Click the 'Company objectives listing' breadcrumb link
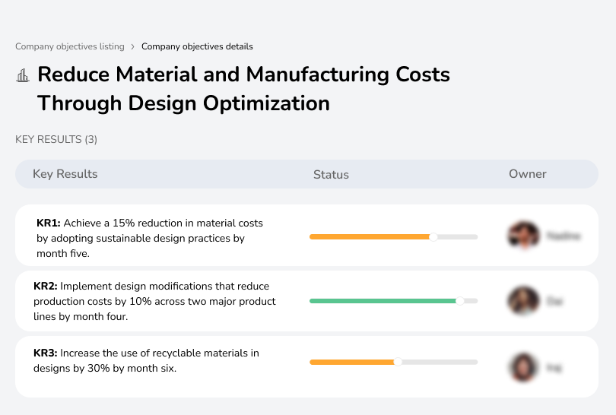pos(69,46)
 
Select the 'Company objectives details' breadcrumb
pos(197,46)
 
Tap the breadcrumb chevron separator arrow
pos(132,46)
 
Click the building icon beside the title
pos(23,75)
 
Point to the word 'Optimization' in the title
pos(263,103)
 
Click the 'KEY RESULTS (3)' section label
pos(56,139)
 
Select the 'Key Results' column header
pos(65,174)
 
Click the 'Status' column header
pos(331,174)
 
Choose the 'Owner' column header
pos(528,174)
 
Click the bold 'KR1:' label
pos(49,223)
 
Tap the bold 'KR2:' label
pos(46,287)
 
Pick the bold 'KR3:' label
pos(46,353)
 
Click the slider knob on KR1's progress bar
pos(433,237)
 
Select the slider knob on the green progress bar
pos(459,301)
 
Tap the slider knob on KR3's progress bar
pos(397,362)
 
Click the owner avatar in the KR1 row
pos(523,236)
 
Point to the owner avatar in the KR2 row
pos(523,301)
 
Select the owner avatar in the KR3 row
pos(523,367)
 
